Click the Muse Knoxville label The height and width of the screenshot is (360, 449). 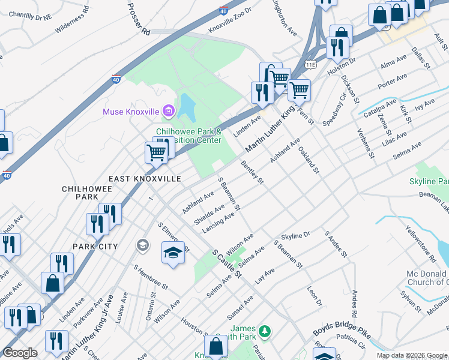pyautogui.click(x=130, y=112)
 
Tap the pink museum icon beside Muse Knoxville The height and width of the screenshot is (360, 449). pyautogui.click(x=169, y=111)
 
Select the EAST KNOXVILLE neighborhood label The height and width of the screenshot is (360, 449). pyautogui.click(x=145, y=179)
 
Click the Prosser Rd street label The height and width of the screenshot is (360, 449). pyautogui.click(x=137, y=19)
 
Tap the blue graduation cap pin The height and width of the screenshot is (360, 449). pyautogui.click(x=172, y=251)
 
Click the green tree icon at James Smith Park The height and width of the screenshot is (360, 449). pyautogui.click(x=264, y=331)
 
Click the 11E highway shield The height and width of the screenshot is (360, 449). pyautogui.click(x=310, y=62)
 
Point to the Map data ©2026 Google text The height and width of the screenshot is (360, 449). pyautogui.click(x=412, y=355)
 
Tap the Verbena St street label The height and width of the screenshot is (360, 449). pyautogui.click(x=366, y=143)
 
